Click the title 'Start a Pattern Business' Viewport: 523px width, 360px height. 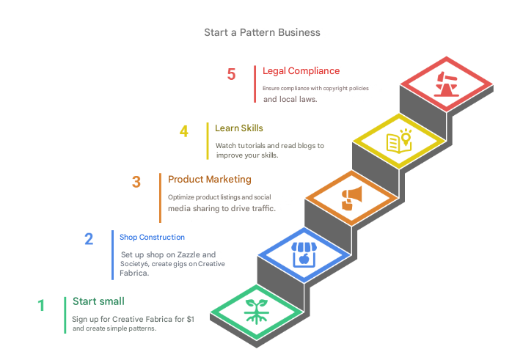(x=262, y=33)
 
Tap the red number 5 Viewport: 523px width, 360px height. (x=232, y=75)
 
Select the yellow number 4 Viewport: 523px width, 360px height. (x=184, y=132)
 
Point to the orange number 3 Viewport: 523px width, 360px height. (x=136, y=183)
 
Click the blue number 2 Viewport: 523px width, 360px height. (x=89, y=239)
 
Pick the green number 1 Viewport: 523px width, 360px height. (x=42, y=305)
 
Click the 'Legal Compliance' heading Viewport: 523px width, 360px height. (x=301, y=71)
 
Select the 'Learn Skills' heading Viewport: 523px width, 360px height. (x=239, y=128)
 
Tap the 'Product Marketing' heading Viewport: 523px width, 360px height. (x=210, y=179)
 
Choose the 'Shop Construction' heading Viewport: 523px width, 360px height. (x=152, y=238)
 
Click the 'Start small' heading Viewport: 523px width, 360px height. (x=98, y=301)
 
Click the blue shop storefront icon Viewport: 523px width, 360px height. (x=303, y=254)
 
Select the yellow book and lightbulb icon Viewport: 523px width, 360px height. (x=400, y=140)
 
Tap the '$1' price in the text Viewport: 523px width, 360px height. (x=190, y=319)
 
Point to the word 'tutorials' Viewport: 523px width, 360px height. (x=254, y=146)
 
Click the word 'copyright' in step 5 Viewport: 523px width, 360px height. (x=332, y=88)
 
